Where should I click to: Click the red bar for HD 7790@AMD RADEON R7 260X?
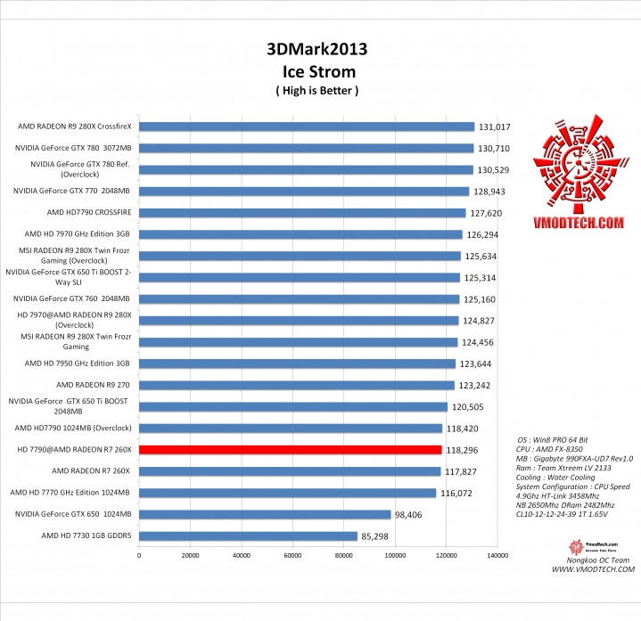click(290, 450)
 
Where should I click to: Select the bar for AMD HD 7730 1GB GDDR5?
click(248, 536)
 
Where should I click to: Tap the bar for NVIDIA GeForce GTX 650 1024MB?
click(265, 514)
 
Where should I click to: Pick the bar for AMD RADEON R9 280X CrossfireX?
click(306, 127)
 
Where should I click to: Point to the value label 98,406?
click(412, 514)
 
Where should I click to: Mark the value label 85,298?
click(378, 536)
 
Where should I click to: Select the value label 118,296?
click(463, 450)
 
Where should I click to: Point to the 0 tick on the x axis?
click(139, 555)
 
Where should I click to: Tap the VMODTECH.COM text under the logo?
click(579, 227)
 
